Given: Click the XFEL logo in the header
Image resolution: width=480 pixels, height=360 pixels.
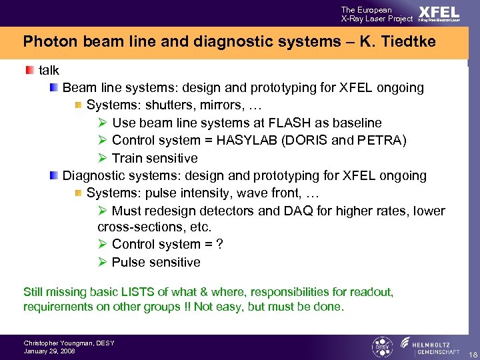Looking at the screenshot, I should (x=439, y=14).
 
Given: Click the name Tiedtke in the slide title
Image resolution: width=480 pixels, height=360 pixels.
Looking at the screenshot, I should (x=408, y=42).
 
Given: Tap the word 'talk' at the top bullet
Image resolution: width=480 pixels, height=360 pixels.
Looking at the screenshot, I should (x=49, y=71).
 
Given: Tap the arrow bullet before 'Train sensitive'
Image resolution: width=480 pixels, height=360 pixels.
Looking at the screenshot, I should (x=103, y=158).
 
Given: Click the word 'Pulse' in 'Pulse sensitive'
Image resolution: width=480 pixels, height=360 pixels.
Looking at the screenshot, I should (x=128, y=262).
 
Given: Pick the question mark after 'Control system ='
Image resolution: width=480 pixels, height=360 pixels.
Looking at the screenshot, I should (x=219, y=245).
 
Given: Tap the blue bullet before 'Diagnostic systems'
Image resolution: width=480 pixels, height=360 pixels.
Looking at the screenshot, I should (x=53, y=176).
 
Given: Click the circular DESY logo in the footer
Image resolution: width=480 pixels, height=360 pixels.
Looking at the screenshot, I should (x=381, y=347).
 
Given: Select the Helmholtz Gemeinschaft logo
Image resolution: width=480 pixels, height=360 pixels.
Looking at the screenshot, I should (x=426, y=347).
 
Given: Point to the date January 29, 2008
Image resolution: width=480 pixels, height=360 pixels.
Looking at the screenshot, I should (x=49, y=351).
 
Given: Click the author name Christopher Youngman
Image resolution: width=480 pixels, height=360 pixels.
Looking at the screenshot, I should (x=69, y=343).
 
